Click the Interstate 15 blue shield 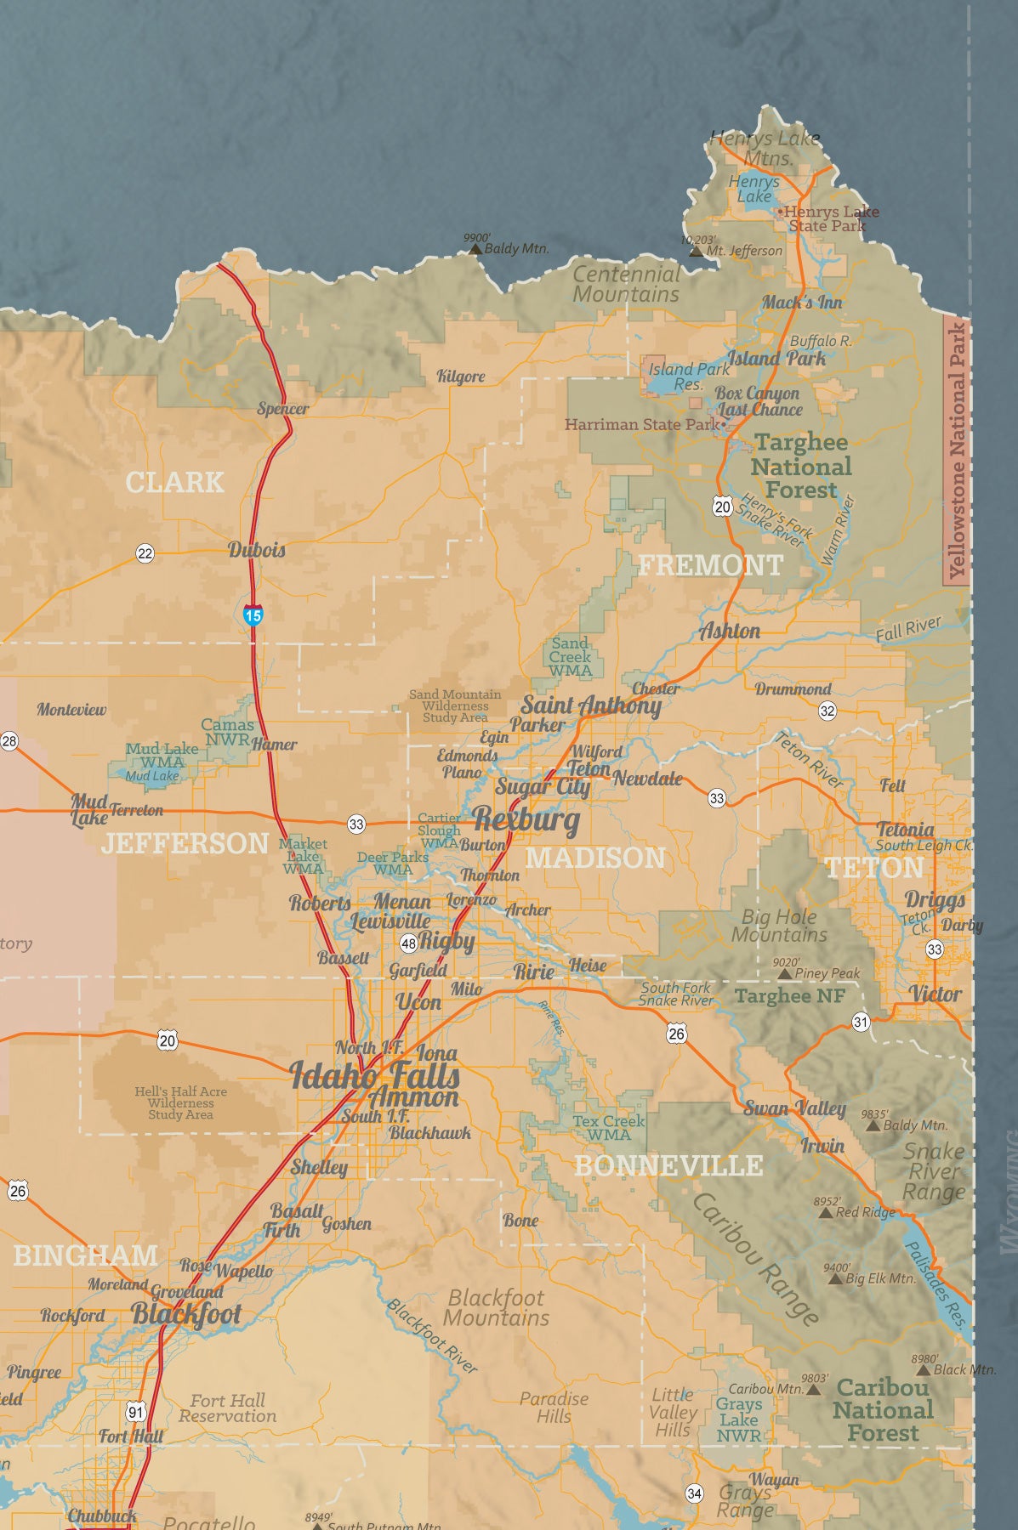point(253,614)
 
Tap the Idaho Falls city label point(374,1076)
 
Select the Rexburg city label point(526,819)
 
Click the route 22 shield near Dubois point(145,553)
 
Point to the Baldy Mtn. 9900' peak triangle point(475,250)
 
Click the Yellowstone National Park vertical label point(958,450)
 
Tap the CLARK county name point(174,482)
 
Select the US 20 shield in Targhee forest point(722,507)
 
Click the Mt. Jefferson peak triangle point(696,252)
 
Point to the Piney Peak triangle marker point(785,974)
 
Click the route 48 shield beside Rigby point(409,943)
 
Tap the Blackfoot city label point(186,1314)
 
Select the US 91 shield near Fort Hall point(136,1412)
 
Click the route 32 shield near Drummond point(827,711)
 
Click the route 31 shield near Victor point(861,1022)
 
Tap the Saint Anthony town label point(591,705)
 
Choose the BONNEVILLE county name point(668,1165)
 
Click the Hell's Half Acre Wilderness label point(180,1102)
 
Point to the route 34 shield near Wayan point(694,1493)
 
